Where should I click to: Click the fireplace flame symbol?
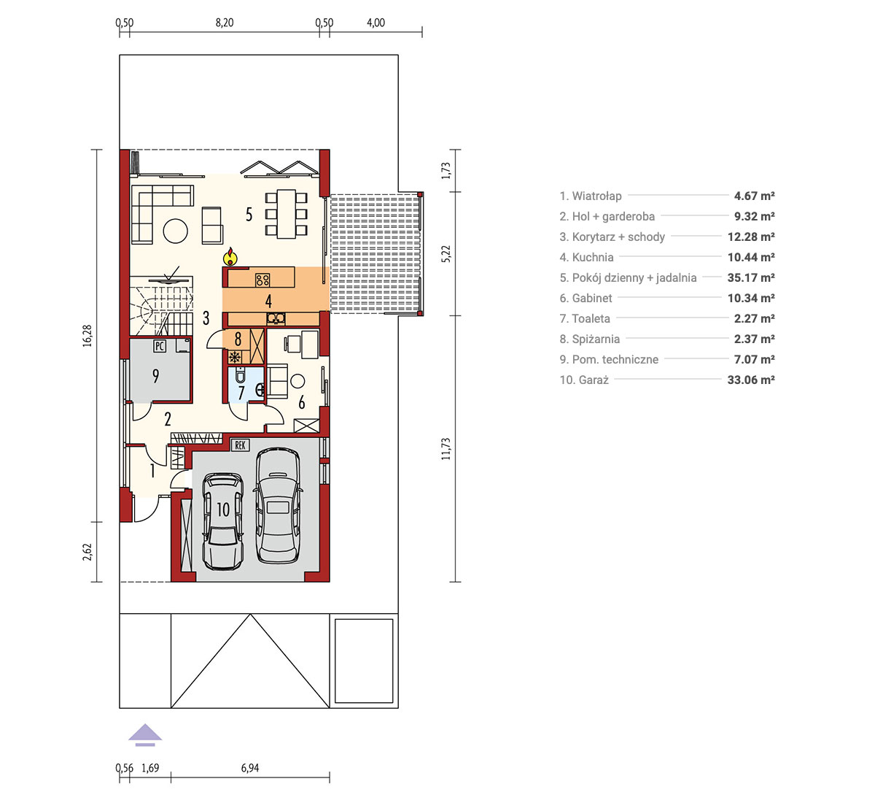click(230, 257)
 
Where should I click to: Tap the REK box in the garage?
click(240, 445)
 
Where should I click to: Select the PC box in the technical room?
click(160, 346)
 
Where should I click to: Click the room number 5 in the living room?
click(249, 215)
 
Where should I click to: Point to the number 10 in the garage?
click(223, 510)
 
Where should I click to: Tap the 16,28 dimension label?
click(87, 336)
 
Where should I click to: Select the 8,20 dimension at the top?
click(225, 23)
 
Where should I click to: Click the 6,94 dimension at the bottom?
click(250, 768)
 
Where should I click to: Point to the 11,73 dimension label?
click(446, 449)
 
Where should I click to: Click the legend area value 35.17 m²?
click(751, 277)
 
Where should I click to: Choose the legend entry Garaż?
click(585, 380)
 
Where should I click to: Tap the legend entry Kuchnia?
click(587, 257)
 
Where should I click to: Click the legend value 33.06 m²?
click(751, 380)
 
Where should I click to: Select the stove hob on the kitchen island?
click(262, 280)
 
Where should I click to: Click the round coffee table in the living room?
click(175, 231)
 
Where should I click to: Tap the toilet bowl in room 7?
click(241, 374)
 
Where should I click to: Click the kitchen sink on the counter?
click(276, 318)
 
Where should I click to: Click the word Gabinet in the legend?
click(592, 298)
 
